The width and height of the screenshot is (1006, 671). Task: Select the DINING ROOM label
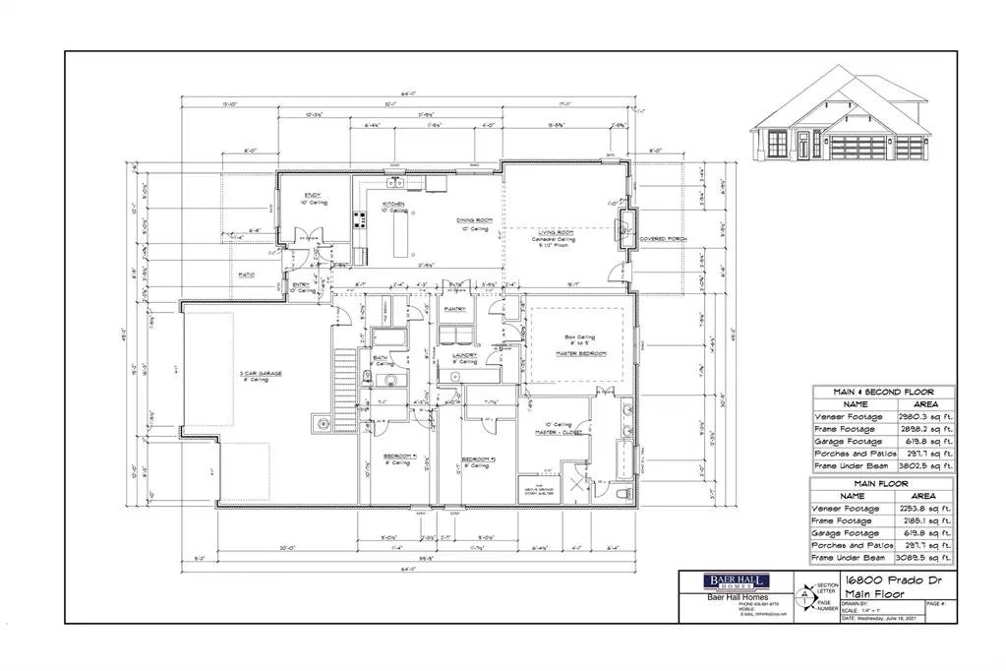(472, 221)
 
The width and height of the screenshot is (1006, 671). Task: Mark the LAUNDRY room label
(464, 355)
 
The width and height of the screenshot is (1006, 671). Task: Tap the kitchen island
(400, 236)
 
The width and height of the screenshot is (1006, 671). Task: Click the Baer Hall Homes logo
(733, 581)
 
